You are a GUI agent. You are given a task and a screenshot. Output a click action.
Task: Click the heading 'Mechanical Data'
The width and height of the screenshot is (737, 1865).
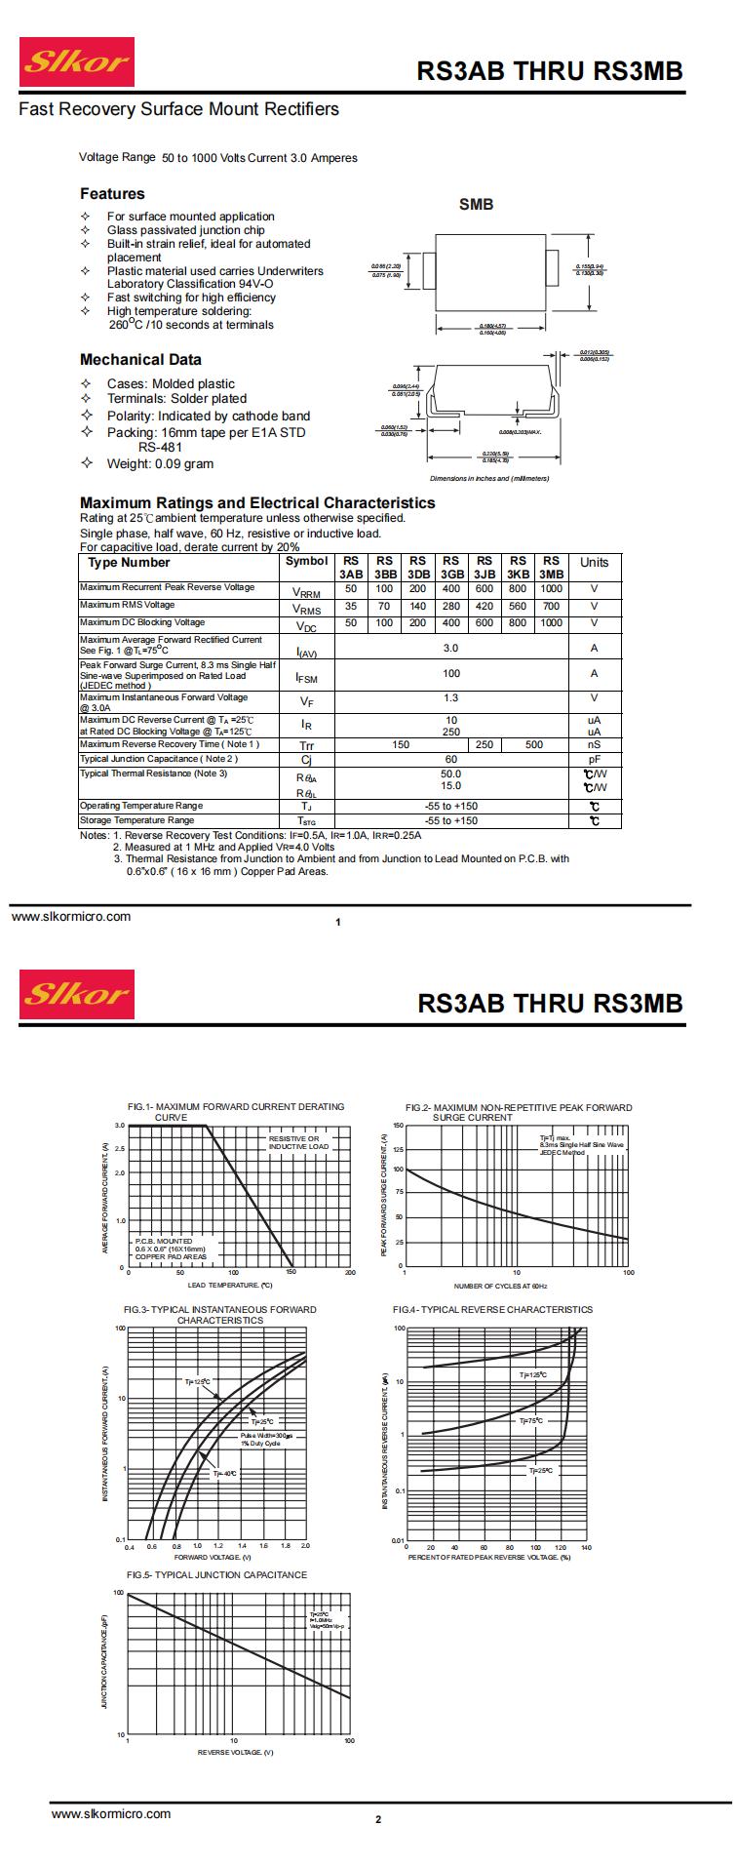(140, 359)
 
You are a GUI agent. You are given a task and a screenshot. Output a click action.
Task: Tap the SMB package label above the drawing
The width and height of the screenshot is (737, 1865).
(476, 205)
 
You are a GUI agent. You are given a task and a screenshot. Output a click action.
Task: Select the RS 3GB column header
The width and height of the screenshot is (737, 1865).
(450, 568)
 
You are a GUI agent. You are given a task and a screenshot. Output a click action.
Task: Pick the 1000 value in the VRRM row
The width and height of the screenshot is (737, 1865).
(551, 589)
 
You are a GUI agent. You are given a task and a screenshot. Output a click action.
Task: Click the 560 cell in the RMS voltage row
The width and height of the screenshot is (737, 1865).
(518, 606)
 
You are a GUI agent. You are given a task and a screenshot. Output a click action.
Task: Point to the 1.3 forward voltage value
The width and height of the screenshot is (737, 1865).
(450, 698)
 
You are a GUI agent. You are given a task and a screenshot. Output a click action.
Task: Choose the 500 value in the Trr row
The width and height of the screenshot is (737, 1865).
(534, 744)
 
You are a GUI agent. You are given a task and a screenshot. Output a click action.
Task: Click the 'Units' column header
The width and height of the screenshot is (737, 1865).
(594, 563)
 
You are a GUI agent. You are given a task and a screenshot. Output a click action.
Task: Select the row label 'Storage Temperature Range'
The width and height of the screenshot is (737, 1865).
(136, 820)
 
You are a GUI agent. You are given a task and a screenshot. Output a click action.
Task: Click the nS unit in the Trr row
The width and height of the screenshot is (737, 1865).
(594, 745)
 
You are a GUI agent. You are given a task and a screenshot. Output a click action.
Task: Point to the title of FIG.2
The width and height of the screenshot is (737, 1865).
(519, 1112)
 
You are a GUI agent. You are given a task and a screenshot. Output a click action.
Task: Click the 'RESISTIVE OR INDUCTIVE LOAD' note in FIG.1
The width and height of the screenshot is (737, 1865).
(299, 1142)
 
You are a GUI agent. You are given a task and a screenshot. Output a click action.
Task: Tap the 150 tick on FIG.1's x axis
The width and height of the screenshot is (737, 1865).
(291, 1273)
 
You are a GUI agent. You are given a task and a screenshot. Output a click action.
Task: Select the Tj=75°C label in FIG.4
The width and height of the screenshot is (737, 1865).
(532, 1421)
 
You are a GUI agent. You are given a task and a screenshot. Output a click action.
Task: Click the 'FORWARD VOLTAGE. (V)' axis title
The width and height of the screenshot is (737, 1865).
(213, 1557)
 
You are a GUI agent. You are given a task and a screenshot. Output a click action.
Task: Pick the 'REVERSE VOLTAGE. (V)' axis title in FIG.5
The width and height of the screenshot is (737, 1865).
(235, 1752)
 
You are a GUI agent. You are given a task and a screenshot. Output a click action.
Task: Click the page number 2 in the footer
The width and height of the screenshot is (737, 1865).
(378, 1819)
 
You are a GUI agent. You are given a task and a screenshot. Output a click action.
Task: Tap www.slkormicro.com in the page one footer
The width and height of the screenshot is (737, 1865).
(71, 916)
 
